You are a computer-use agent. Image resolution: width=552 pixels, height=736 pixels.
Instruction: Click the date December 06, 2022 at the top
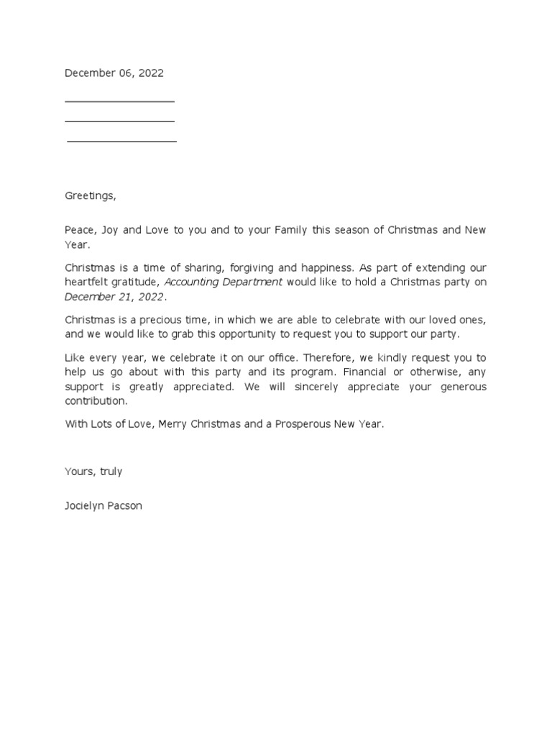coord(114,73)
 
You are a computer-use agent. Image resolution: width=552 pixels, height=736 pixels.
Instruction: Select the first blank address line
coord(119,102)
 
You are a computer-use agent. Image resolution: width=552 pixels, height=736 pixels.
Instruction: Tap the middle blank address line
coord(119,121)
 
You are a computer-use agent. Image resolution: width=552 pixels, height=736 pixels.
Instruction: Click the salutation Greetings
coord(90,195)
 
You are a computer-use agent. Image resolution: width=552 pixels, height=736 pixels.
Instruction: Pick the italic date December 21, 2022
coord(115,297)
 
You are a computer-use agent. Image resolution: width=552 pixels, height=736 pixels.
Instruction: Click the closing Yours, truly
coord(93,471)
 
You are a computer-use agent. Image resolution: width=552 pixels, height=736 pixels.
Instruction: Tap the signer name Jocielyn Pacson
coord(103,505)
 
